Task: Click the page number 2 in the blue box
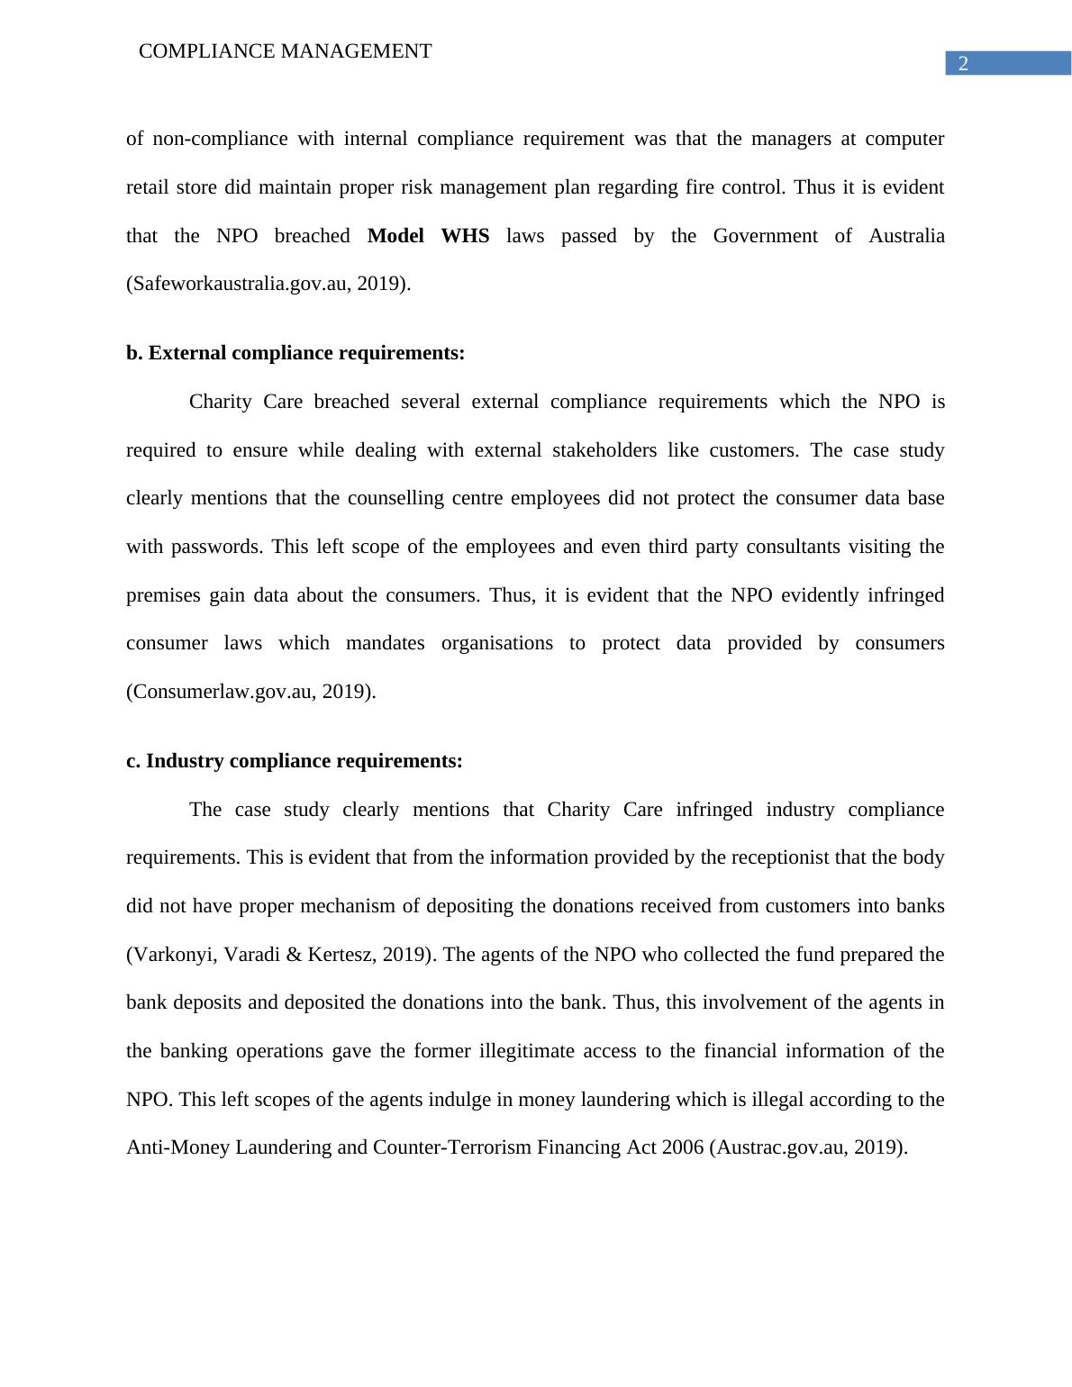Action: click(x=963, y=64)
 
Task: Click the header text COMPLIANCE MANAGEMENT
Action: click(x=286, y=51)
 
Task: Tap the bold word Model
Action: click(x=395, y=236)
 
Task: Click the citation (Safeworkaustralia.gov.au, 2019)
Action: click(x=268, y=284)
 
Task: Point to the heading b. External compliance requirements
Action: click(x=295, y=353)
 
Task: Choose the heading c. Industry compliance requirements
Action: click(x=295, y=761)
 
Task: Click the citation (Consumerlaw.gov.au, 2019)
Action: click(x=251, y=692)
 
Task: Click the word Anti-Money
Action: click(x=178, y=1147)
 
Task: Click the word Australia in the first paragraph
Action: click(x=906, y=236)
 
